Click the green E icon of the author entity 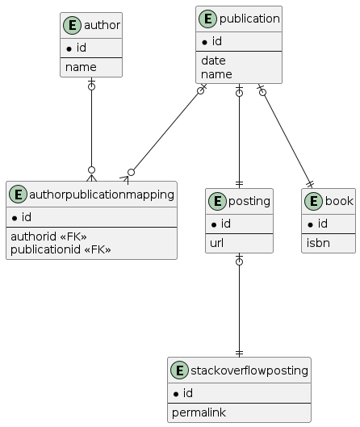(x=72, y=25)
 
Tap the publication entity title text (x=249, y=19)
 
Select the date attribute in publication (x=213, y=61)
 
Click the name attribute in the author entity (x=81, y=67)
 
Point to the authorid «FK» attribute (x=48, y=237)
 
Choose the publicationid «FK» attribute (x=61, y=249)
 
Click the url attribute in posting (x=217, y=243)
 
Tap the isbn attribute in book (x=318, y=243)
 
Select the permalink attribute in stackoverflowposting (x=199, y=412)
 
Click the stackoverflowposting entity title (x=249, y=370)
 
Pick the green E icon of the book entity (x=313, y=201)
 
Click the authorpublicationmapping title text (x=102, y=195)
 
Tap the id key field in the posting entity (x=222, y=224)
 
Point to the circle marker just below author (x=91, y=87)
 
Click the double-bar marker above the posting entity (x=239, y=184)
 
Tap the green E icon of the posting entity (x=217, y=201)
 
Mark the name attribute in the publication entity (x=216, y=74)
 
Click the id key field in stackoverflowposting (x=184, y=393)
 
